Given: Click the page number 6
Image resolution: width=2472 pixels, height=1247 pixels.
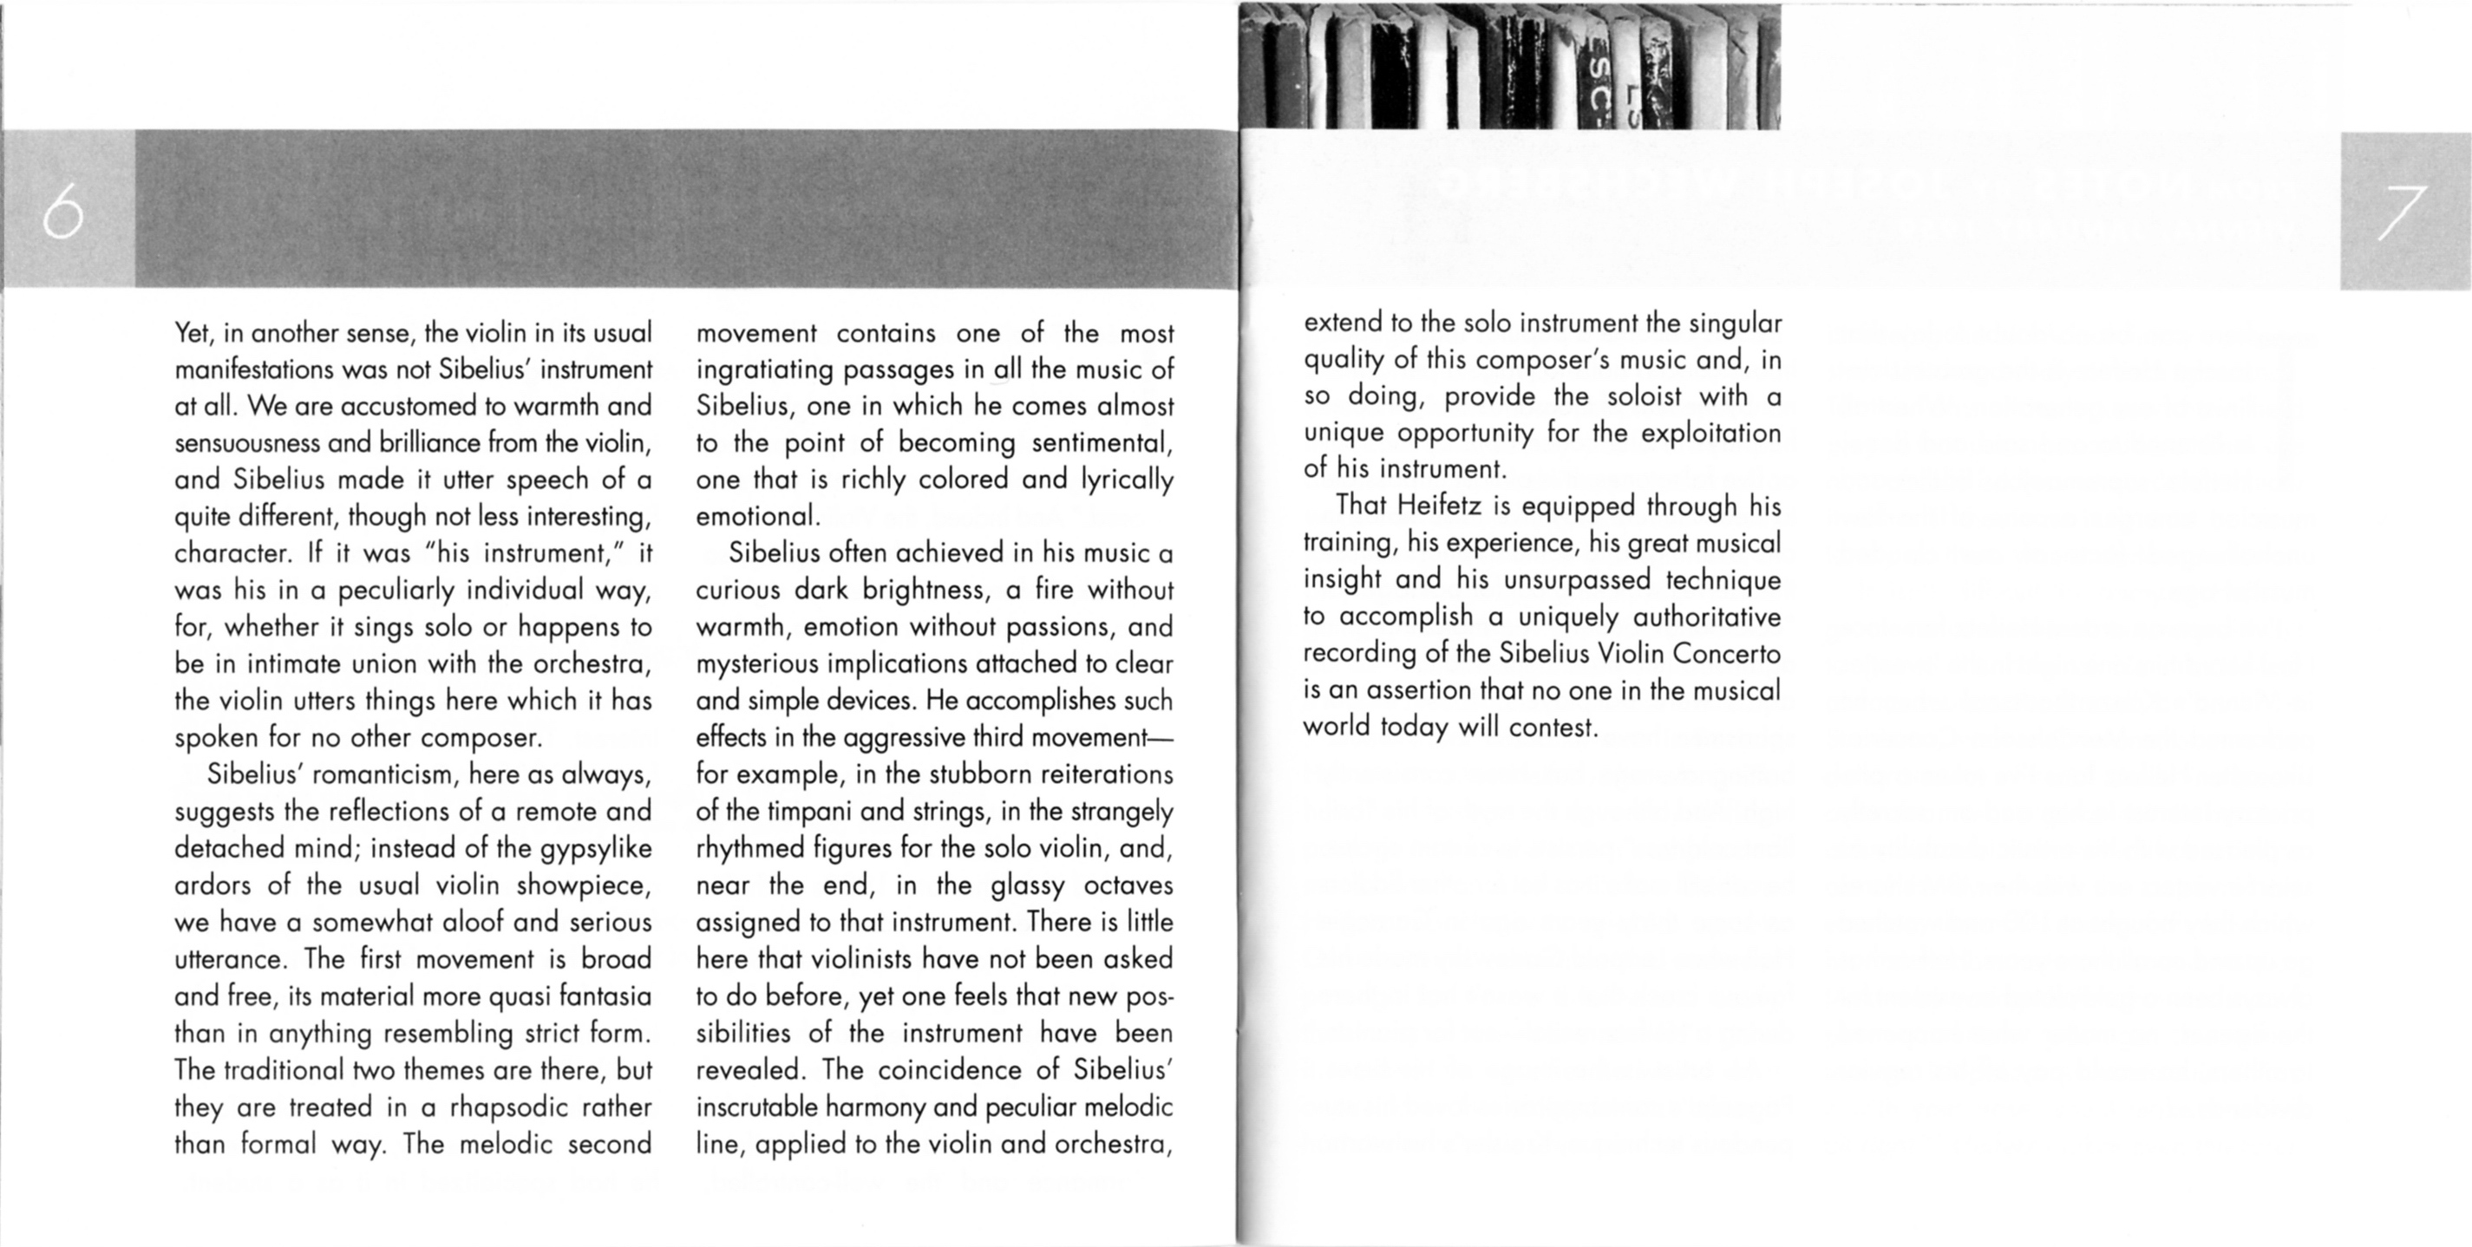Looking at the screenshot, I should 63,212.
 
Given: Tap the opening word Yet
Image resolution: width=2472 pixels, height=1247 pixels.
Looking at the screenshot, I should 192,333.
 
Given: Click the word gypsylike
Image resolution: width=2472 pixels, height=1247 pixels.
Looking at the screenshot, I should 596,849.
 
